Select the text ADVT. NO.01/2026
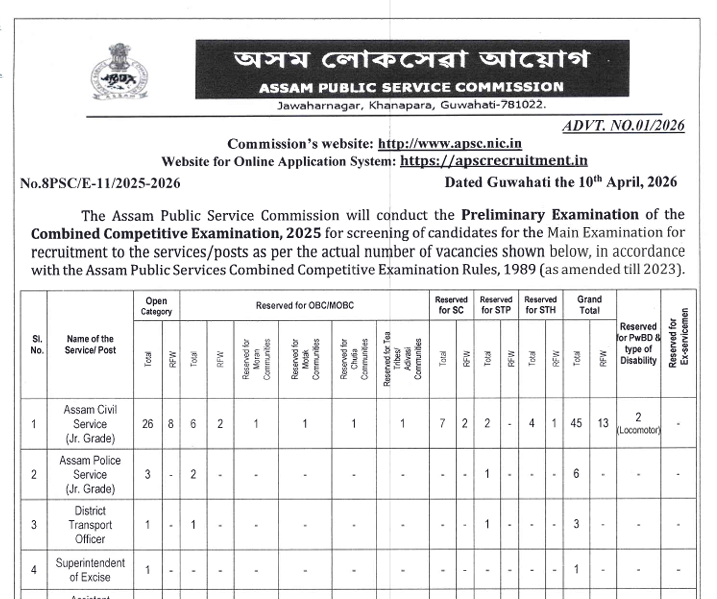[x=623, y=126]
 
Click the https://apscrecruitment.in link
[x=494, y=160]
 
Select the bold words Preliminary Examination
[x=549, y=214]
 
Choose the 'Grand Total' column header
[x=590, y=305]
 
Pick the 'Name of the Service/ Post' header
[x=90, y=346]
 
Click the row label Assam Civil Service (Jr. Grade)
[x=91, y=423]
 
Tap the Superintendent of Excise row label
[x=91, y=570]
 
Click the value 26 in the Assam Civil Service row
[x=148, y=423]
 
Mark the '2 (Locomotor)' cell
[x=638, y=423]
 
